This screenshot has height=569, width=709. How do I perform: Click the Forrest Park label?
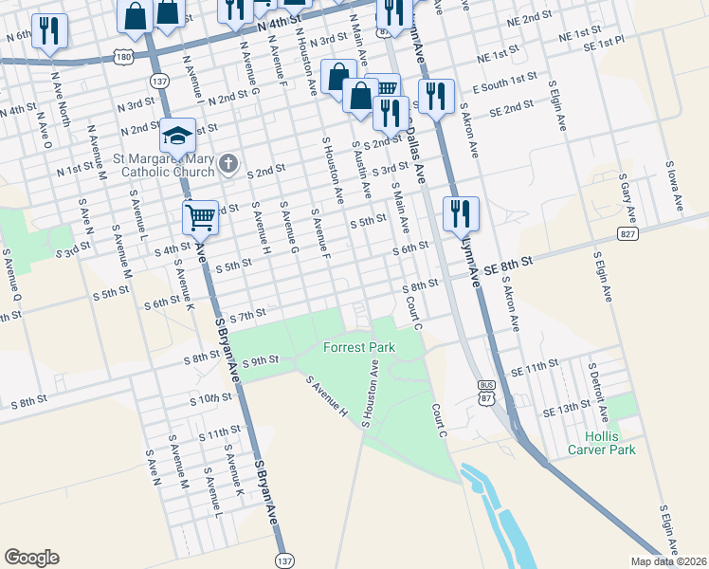click(359, 347)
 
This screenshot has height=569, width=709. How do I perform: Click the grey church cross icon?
click(227, 165)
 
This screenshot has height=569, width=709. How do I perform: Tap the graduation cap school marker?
click(177, 137)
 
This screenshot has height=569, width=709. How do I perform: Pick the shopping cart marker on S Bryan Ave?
click(200, 216)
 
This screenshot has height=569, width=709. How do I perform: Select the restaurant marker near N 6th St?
click(47, 30)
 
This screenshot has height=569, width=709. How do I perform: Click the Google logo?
click(31, 557)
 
